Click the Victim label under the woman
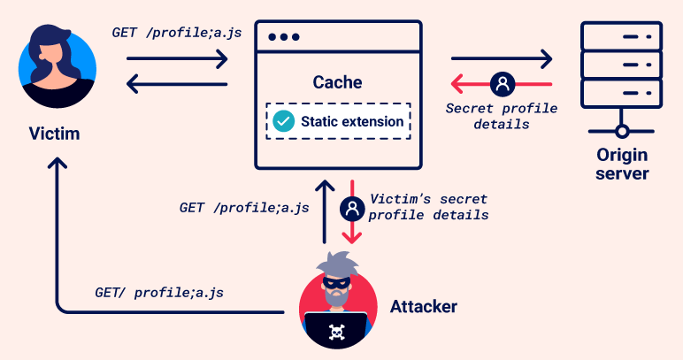point(55,134)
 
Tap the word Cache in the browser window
point(338,82)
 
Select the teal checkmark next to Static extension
point(284,121)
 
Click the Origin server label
point(622,165)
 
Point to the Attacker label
point(424,306)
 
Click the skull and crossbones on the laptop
point(336,333)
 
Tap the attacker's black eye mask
point(336,283)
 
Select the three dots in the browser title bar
point(284,37)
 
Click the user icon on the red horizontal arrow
point(503,84)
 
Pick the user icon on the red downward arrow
point(352,209)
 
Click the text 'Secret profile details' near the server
point(502,116)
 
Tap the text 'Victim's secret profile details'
point(428,207)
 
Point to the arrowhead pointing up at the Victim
point(57,164)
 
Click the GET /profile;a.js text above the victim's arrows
point(177,33)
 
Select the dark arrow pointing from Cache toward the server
point(502,58)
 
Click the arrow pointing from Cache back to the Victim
point(177,84)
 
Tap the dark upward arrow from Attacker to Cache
point(325,212)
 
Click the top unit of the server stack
point(622,36)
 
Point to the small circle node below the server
point(622,131)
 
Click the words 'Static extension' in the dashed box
point(352,121)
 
